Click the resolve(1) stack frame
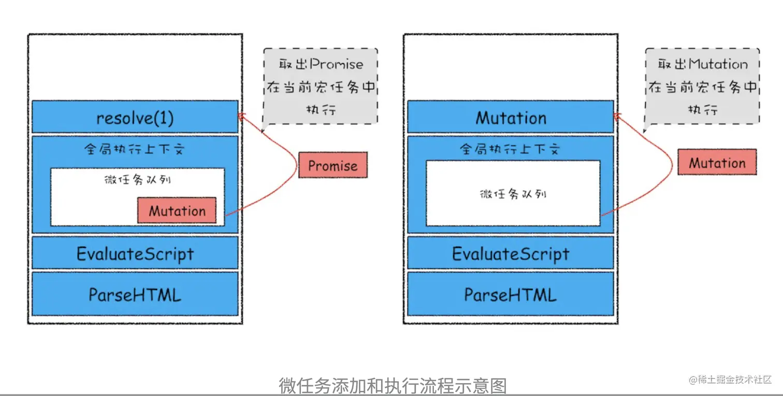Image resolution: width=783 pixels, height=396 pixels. [135, 117]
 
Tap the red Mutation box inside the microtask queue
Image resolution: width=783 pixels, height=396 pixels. [177, 210]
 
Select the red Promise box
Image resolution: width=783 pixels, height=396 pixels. [333, 165]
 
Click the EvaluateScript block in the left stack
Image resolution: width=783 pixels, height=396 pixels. [135, 253]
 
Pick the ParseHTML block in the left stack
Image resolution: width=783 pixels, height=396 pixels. [135, 294]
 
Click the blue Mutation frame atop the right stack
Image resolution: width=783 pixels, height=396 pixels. [511, 117]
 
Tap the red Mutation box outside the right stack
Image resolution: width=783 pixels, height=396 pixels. [717, 162]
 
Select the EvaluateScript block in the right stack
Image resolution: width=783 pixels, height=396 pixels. [511, 253]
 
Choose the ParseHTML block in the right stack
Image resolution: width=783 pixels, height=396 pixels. [511, 294]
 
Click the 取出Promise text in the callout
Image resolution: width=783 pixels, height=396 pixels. [321, 64]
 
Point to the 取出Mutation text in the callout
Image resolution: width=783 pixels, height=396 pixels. [703, 64]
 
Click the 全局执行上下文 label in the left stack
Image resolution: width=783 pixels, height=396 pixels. [135, 149]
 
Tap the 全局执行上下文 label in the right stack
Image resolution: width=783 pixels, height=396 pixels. [511, 149]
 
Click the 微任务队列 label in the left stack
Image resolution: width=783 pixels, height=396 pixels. [137, 179]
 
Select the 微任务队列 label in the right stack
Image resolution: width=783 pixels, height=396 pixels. [513, 194]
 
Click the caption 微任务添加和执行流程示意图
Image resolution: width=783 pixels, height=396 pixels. [393, 386]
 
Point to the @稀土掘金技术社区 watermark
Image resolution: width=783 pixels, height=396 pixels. [730, 379]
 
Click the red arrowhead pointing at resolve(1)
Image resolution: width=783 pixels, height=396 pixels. [241, 116]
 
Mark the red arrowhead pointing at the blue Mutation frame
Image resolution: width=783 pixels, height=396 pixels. [617, 116]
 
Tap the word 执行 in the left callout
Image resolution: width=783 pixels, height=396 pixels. [321, 109]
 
